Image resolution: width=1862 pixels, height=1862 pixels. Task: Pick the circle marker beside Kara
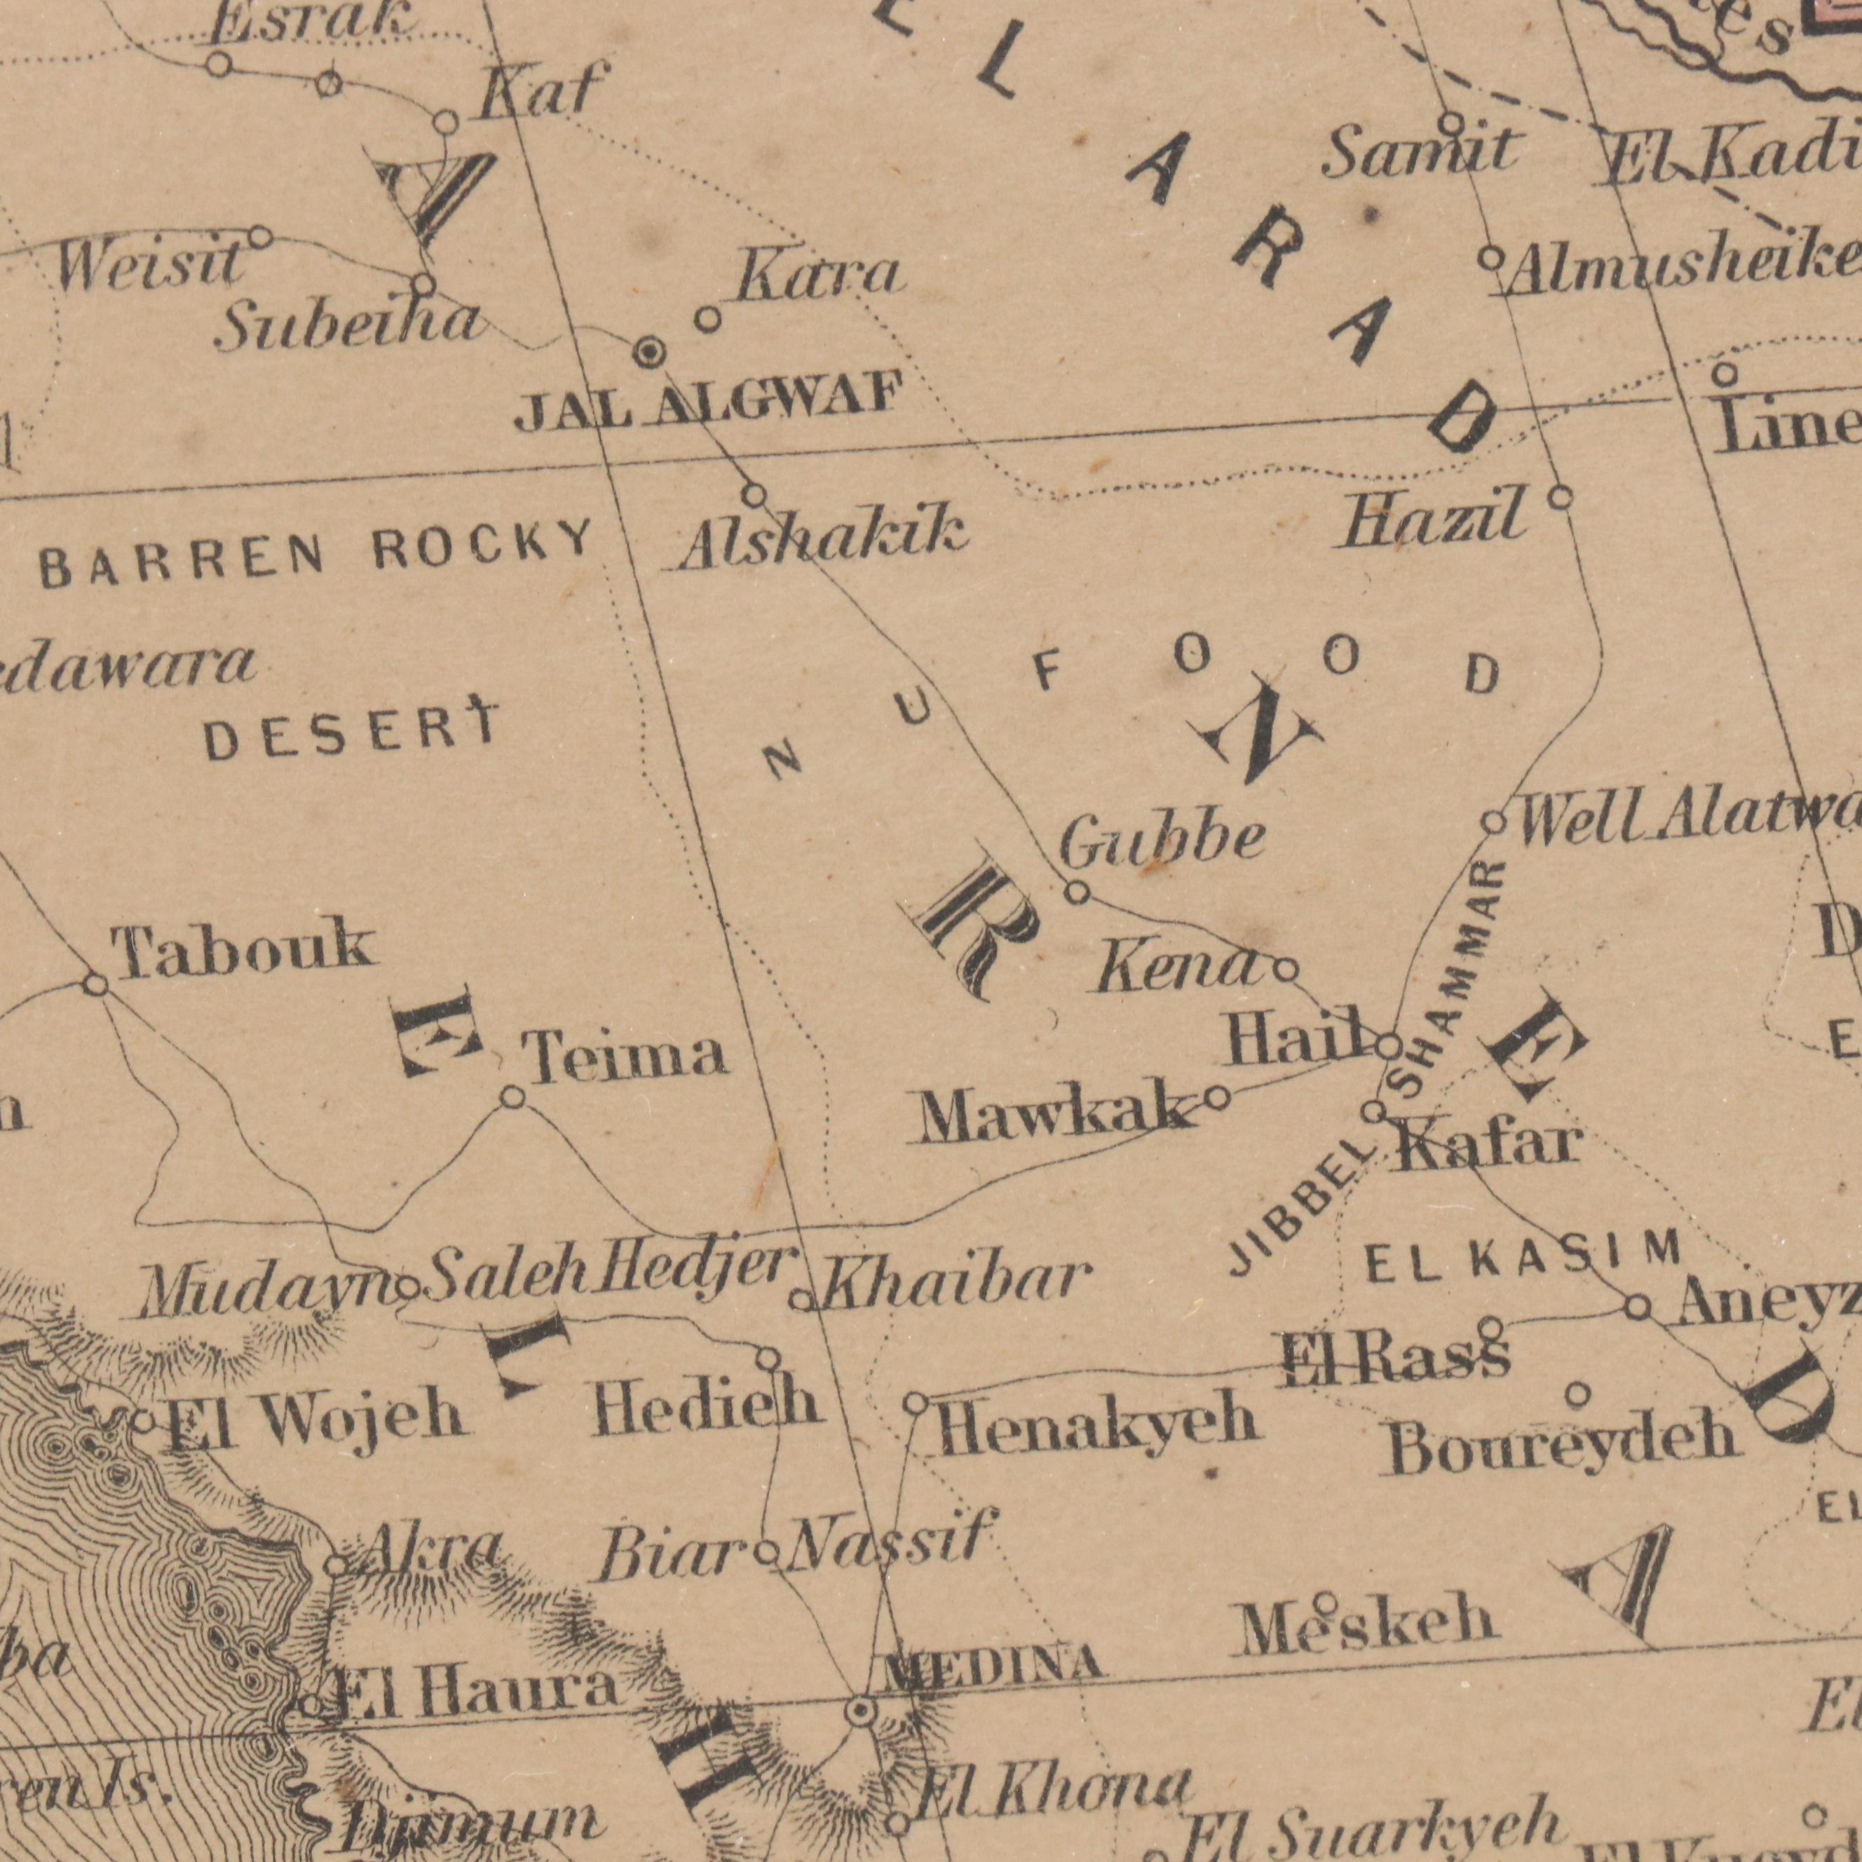(x=708, y=319)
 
